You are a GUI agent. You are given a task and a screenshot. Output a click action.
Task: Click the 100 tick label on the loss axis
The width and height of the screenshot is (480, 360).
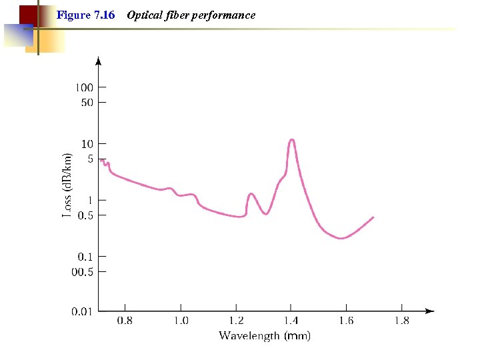83,87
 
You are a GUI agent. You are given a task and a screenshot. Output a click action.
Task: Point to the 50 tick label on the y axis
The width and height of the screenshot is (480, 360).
87,103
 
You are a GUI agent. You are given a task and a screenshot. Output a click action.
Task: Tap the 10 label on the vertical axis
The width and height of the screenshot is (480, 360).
87,144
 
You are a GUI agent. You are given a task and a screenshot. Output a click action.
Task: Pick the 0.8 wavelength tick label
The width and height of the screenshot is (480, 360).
125,321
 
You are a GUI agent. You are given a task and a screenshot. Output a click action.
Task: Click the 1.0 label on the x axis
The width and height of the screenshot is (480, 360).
181,321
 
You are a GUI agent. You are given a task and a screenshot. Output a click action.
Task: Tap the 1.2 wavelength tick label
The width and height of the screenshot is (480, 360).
235,321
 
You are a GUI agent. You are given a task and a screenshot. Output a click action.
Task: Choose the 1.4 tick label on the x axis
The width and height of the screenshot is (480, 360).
291,321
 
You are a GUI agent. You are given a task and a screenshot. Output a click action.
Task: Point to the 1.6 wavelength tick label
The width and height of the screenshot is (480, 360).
346,321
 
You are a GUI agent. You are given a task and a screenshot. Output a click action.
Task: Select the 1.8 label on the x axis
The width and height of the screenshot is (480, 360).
401,321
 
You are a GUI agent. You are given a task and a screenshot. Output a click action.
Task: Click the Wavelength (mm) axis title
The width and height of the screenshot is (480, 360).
265,336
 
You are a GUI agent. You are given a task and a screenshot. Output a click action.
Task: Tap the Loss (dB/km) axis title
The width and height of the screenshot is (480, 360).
67,185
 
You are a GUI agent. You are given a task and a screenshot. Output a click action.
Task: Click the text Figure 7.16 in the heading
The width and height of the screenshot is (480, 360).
86,15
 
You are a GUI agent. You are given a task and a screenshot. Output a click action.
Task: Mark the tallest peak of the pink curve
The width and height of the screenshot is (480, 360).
291,139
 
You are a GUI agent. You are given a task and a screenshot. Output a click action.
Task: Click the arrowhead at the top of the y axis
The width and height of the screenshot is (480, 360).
99,61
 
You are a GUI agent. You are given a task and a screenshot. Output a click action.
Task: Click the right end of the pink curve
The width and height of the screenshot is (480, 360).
373,217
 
